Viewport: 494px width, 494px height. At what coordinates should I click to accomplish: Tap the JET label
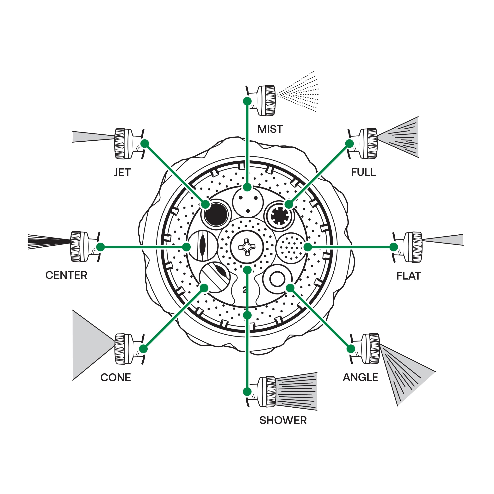pos(122,172)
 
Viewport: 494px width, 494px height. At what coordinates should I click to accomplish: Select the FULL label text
pos(363,172)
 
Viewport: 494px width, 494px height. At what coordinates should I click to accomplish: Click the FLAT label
pos(408,276)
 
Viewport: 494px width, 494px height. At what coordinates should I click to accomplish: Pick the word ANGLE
pos(360,377)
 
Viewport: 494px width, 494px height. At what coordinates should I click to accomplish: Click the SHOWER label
pos(283,420)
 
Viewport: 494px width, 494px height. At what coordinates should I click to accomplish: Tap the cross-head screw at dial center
pos(247,247)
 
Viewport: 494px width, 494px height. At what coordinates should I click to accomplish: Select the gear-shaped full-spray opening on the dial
pos(279,216)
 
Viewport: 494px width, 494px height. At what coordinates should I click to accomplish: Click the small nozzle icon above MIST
pos(265,101)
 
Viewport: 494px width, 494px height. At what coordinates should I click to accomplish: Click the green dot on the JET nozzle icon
pos(145,143)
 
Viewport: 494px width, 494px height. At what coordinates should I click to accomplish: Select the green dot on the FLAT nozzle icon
pos(394,247)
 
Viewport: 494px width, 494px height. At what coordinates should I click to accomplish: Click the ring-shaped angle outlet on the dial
pos(277,279)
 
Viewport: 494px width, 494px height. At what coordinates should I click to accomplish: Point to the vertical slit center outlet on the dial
pos(202,245)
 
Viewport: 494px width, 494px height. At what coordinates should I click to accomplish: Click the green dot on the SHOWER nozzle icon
pos(247,392)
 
